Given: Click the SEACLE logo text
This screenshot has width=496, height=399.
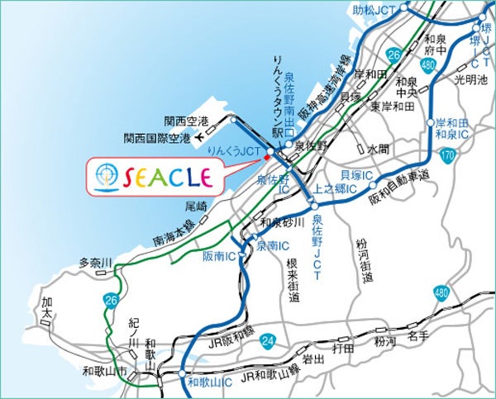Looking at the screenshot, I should click(x=165, y=175).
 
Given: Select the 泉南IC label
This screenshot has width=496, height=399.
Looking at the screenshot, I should click(x=272, y=245).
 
